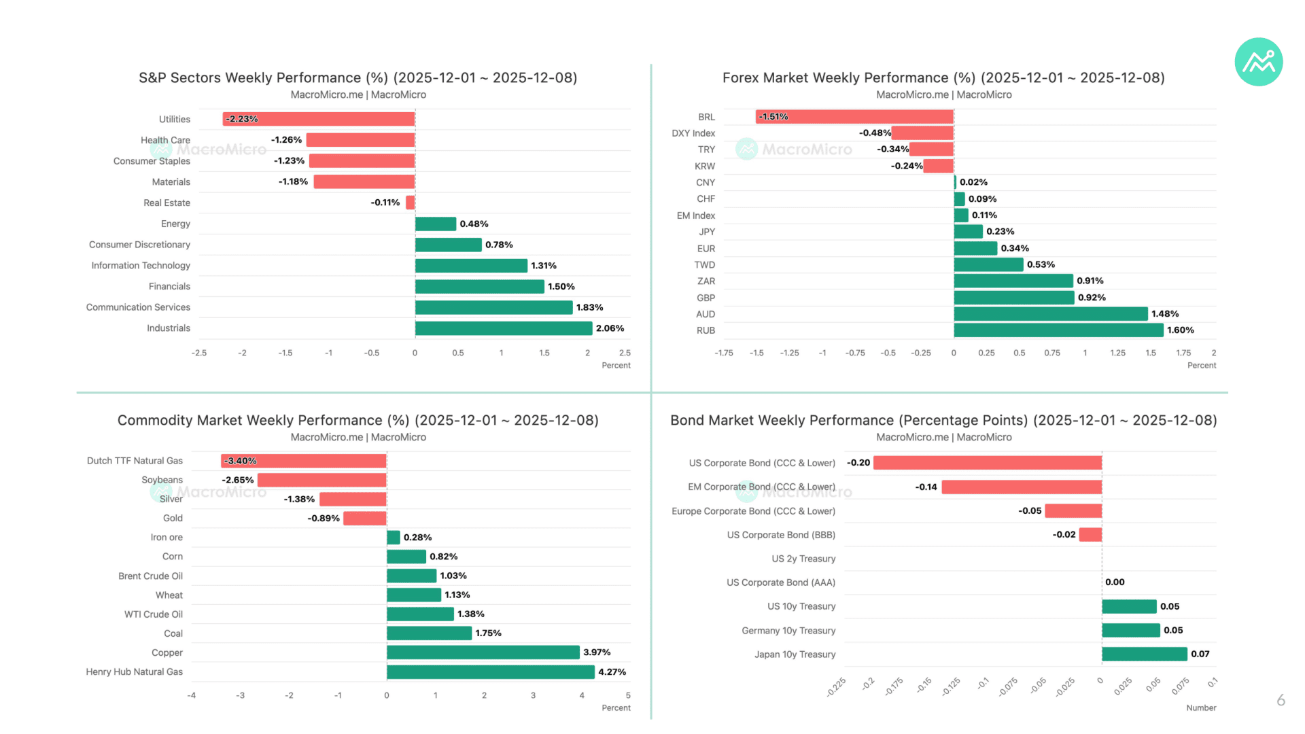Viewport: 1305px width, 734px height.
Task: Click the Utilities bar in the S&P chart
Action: pos(319,119)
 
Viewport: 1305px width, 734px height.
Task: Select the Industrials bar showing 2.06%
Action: pos(504,328)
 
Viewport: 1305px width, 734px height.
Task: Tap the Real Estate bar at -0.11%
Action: pos(411,203)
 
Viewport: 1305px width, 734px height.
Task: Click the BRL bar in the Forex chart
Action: pos(854,117)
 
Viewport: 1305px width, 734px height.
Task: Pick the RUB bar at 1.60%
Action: pos(1059,330)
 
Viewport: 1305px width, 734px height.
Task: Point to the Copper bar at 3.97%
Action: pos(483,652)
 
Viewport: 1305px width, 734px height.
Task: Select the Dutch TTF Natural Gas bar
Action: pos(304,461)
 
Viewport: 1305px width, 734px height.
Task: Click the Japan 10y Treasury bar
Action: pos(1145,654)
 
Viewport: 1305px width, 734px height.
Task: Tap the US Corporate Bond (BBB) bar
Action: pos(1090,535)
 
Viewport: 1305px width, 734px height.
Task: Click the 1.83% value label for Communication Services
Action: pos(590,307)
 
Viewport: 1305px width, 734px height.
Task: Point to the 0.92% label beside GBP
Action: pos(1092,298)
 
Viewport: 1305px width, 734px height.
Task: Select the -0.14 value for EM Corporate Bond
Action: pos(926,487)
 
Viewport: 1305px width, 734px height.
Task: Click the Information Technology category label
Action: pos(141,266)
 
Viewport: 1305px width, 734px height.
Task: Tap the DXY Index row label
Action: pos(693,133)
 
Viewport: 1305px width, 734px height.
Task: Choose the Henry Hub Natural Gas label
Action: pos(135,672)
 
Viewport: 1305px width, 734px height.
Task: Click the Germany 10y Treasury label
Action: pos(788,631)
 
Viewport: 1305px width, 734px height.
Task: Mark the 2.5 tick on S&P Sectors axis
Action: pos(625,353)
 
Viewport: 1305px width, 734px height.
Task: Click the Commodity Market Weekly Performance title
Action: pos(358,421)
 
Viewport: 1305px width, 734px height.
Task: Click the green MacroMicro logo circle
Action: pos(1259,62)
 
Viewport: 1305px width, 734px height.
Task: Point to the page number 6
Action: pos(1281,700)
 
